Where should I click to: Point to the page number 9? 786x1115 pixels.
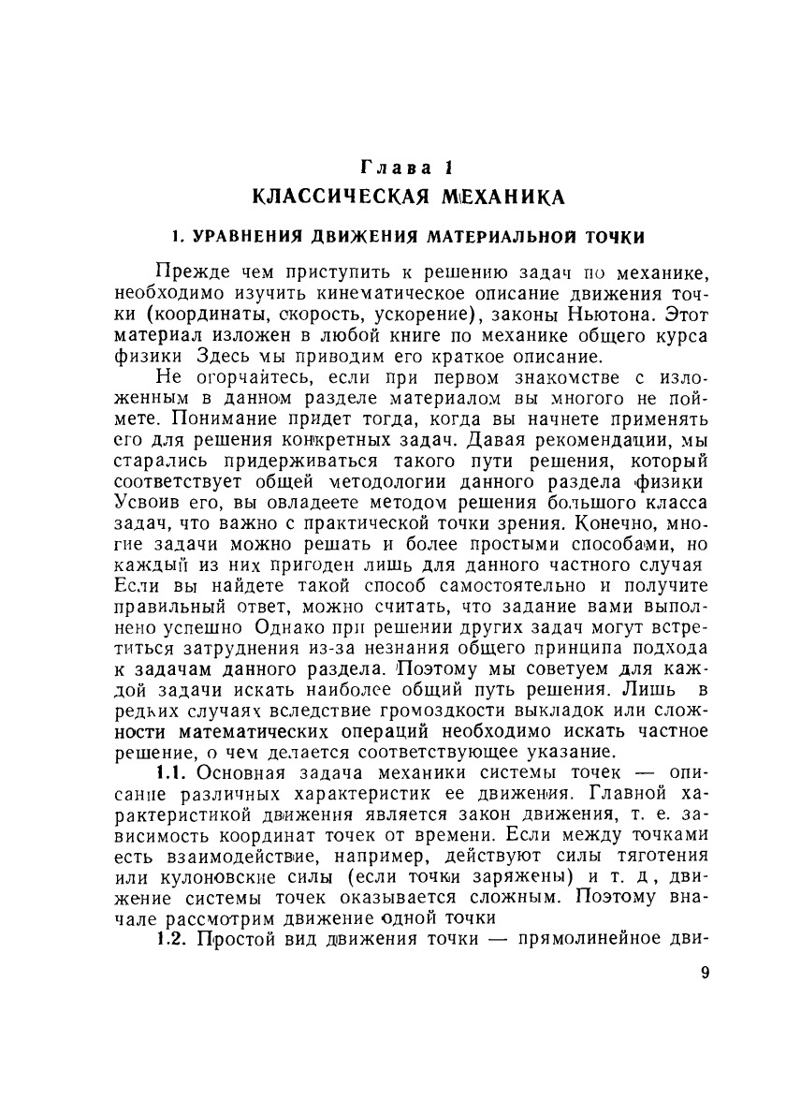705,972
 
